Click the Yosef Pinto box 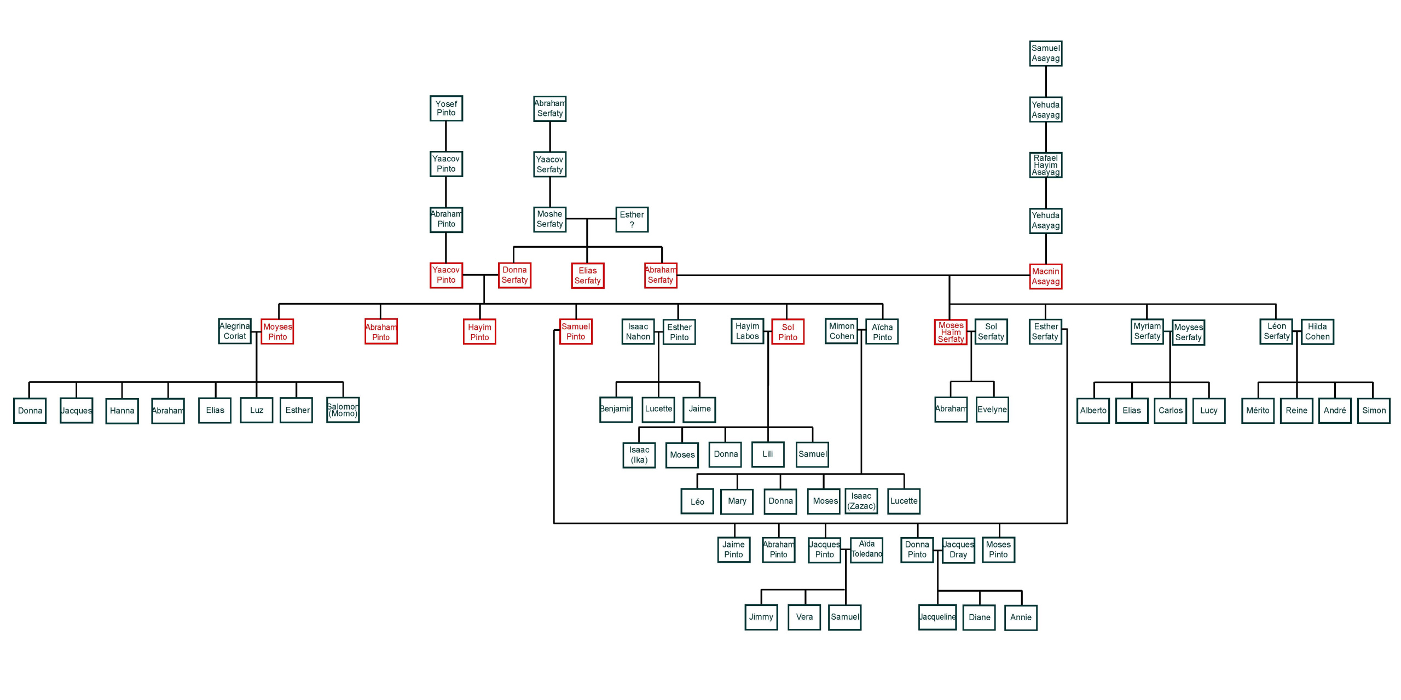pos(446,108)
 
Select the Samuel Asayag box pos(1045,54)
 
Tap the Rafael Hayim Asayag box pos(1045,165)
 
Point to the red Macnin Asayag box pos(1045,276)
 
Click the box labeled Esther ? pos(632,219)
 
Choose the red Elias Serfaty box pos(587,276)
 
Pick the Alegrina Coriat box pos(235,331)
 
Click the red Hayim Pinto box pos(479,332)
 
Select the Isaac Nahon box pos(638,331)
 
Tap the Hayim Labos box pos(747,331)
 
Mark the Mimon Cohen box pos(841,331)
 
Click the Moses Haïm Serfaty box pos(951,332)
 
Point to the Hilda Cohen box pos(1317,332)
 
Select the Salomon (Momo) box pos(343,410)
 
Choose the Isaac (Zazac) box pos(861,501)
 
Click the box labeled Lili pos(768,454)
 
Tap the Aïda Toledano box pos(866,550)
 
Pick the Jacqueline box pos(937,617)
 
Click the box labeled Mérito pos(1258,411)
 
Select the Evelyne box pos(992,410)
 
